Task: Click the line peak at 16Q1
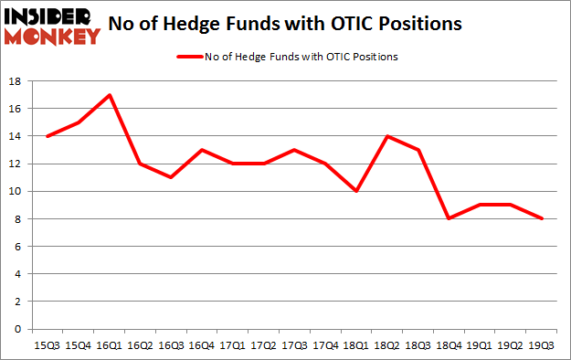[x=110, y=95]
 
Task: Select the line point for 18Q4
[x=448, y=218]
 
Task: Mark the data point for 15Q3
[x=47, y=136]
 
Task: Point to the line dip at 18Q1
[x=355, y=191]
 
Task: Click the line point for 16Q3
[x=171, y=177]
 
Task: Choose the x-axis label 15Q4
[x=78, y=344]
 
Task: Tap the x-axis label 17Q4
[x=324, y=344]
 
